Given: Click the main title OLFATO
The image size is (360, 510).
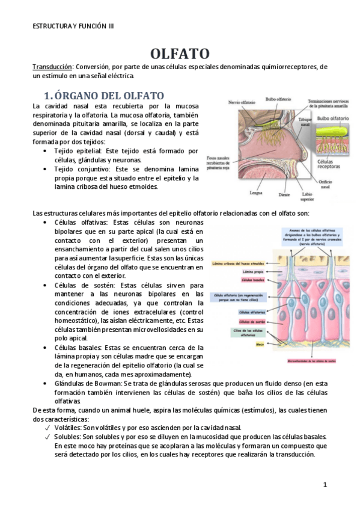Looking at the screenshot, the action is pyautogui.click(x=180, y=54).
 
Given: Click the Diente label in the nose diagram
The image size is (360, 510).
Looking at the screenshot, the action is pyautogui.click(x=285, y=194).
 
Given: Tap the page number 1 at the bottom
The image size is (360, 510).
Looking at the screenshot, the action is pyautogui.click(x=325, y=484).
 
